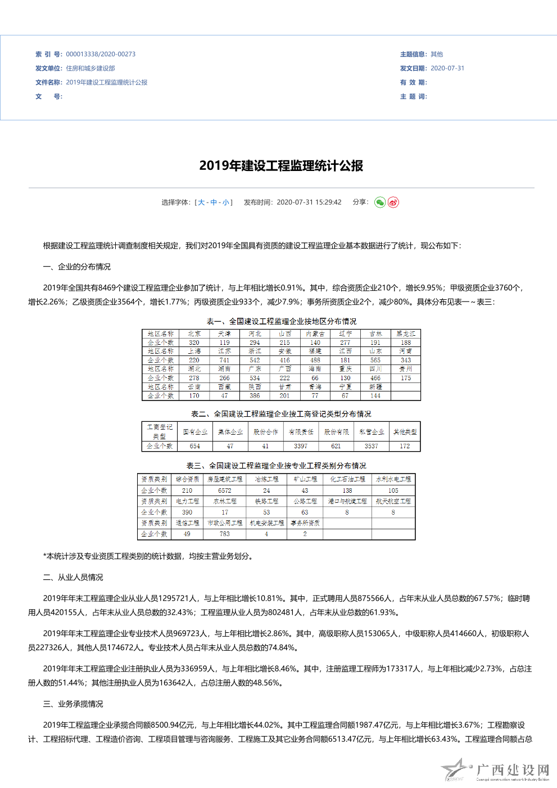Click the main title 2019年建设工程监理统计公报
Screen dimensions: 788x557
281,165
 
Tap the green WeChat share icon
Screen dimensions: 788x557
380,202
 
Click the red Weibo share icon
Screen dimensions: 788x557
393,202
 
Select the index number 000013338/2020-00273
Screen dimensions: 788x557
101,55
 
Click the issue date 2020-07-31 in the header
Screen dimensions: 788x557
447,69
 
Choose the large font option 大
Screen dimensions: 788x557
201,202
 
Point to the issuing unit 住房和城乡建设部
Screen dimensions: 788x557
90,69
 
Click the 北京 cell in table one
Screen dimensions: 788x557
194,334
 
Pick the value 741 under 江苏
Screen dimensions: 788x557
224,360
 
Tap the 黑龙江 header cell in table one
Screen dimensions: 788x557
406,334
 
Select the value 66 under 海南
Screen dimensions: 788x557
315,378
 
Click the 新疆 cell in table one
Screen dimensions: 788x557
375,387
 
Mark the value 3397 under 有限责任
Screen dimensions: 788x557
301,446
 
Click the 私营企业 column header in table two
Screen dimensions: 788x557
372,432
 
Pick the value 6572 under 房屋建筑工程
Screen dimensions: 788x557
225,490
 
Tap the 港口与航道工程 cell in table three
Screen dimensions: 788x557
347,501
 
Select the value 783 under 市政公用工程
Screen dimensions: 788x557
225,534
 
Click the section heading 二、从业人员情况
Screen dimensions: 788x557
73,578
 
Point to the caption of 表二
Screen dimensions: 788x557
281,414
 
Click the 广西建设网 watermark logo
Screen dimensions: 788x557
495,771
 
